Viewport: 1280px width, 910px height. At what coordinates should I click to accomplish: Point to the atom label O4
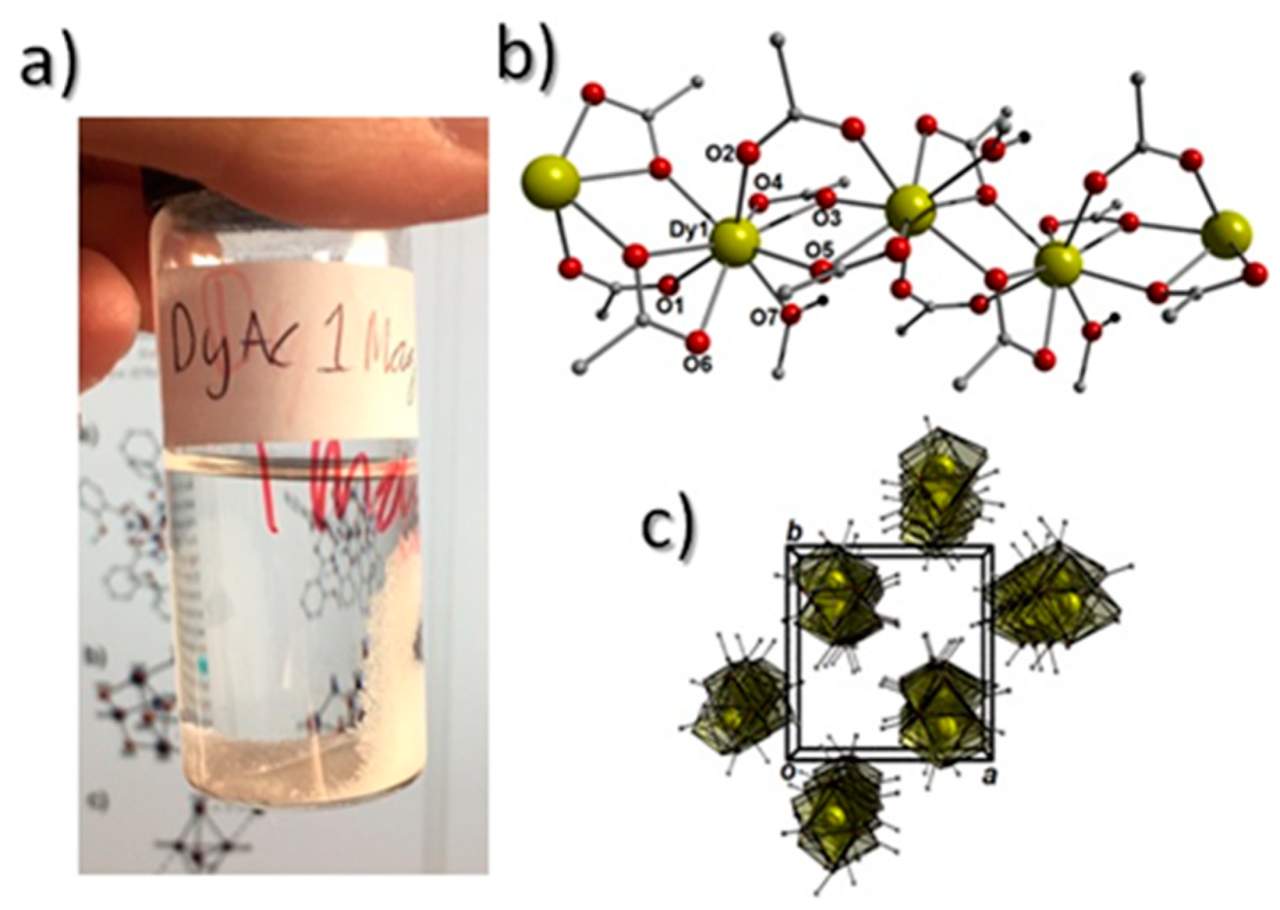point(769,183)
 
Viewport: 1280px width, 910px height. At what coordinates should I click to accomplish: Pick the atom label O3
point(825,218)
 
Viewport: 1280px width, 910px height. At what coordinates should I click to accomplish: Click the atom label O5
point(819,249)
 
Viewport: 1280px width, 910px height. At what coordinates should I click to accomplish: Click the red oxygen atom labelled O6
point(699,341)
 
